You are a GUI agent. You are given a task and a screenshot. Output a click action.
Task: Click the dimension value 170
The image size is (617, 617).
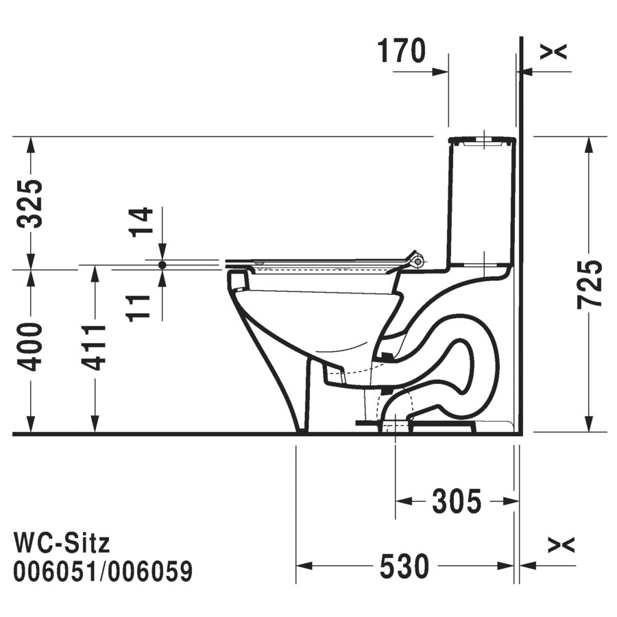pyautogui.click(x=402, y=51)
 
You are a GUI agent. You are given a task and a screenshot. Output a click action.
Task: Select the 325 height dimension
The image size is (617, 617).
pyautogui.click(x=31, y=203)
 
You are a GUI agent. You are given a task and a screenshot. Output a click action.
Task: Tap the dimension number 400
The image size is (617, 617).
pyautogui.click(x=31, y=347)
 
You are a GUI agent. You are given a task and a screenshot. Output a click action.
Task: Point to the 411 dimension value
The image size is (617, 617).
pyautogui.click(x=95, y=347)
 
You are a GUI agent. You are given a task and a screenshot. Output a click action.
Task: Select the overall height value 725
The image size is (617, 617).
pyautogui.click(x=589, y=284)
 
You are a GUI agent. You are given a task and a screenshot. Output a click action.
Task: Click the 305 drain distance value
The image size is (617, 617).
pyautogui.click(x=456, y=503)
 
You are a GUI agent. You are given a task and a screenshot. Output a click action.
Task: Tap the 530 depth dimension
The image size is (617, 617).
pyautogui.click(x=404, y=566)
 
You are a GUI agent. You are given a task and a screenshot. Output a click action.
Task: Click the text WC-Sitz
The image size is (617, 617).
pyautogui.click(x=62, y=544)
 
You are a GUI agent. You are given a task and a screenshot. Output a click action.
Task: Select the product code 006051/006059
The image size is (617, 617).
pyautogui.click(x=104, y=570)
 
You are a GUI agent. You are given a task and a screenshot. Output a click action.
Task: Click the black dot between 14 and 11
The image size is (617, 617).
pyautogui.click(x=162, y=264)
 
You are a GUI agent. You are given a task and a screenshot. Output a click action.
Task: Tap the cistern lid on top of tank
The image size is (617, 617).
pyautogui.click(x=481, y=141)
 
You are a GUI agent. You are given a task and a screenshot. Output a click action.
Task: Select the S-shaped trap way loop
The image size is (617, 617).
pyautogui.click(x=459, y=370)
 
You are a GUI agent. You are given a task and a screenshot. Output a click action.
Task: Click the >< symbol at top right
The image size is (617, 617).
pyautogui.click(x=553, y=51)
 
